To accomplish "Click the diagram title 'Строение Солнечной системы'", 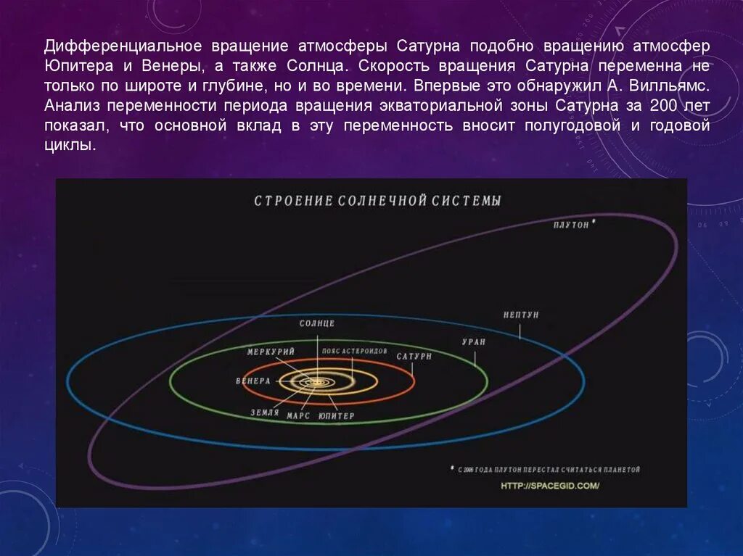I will [x=377, y=201].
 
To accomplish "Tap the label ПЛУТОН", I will [x=571, y=225].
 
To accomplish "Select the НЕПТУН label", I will [x=521, y=315].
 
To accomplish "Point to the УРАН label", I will [x=474, y=341].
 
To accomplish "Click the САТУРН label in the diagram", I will [x=414, y=357].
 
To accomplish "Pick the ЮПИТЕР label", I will [x=337, y=416].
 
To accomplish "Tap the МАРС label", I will [x=298, y=416].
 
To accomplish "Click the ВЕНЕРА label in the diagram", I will [x=253, y=381].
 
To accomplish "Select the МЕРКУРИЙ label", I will [x=271, y=352].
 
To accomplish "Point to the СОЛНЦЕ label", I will [x=317, y=323].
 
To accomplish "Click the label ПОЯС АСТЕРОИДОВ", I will [x=355, y=351].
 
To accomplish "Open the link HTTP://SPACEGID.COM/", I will [x=550, y=486].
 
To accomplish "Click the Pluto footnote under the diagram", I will [x=548, y=470].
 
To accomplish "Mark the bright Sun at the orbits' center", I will [x=317, y=381].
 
